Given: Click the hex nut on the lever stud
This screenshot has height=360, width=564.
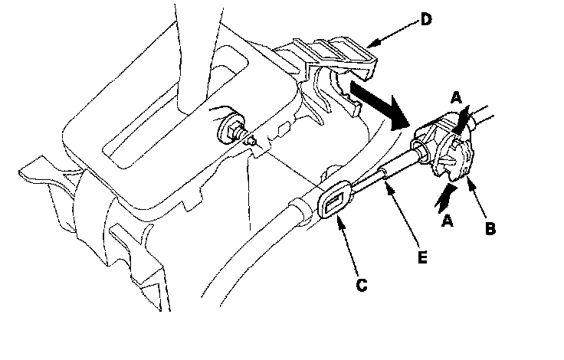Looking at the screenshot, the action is (233, 131).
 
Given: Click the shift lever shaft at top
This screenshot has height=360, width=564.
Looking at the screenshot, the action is (197, 54).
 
